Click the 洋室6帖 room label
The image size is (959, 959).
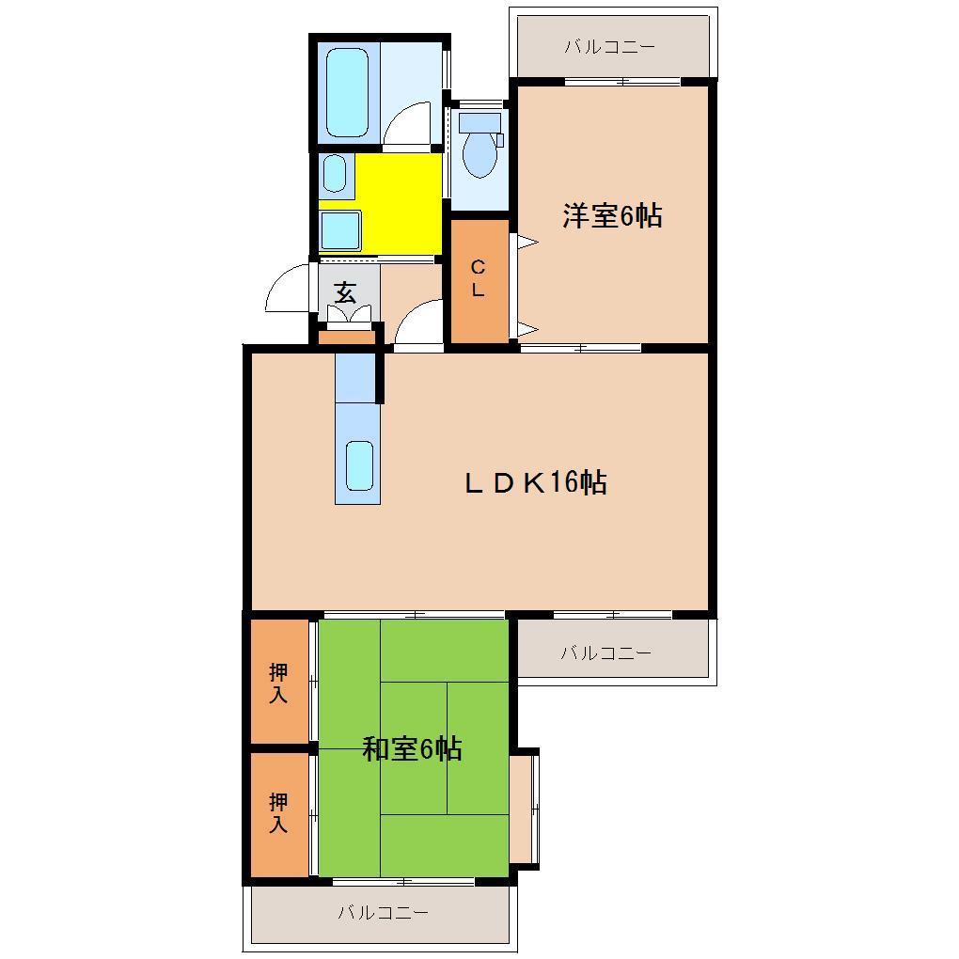612,216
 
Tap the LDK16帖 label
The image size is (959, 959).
535,483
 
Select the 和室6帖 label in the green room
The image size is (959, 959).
412,749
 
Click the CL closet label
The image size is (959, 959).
478,278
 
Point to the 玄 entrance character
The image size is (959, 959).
345,291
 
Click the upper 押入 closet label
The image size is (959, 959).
278,684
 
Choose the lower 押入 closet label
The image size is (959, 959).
278,813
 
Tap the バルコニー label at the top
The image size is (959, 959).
609,46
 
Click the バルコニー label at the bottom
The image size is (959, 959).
383,912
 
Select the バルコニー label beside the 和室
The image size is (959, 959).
605,652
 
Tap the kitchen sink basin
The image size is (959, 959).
359,464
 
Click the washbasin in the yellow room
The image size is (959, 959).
334,173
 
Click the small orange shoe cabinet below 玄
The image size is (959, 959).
346,336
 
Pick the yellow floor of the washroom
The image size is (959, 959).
400,202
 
